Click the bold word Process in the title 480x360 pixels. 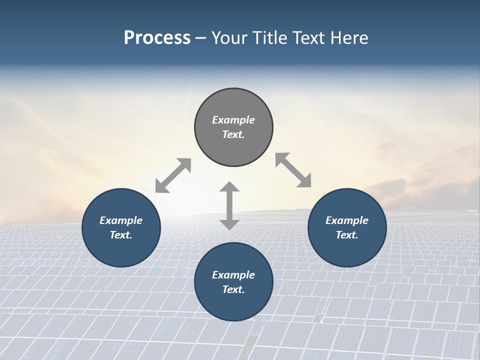[x=157, y=38]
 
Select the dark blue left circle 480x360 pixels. [x=121, y=250]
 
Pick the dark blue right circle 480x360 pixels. [x=347, y=250]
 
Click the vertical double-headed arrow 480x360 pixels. [x=229, y=205]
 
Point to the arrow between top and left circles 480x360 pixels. [x=173, y=175]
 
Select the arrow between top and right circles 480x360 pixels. [x=293, y=170]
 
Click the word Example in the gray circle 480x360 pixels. [x=233, y=120]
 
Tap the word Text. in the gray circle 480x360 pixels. [x=233, y=134]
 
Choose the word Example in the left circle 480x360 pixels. [x=121, y=220]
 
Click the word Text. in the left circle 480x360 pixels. [x=121, y=235]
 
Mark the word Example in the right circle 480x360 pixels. [x=347, y=220]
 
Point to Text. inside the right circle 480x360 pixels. [x=347, y=235]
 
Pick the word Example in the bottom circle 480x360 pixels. [x=233, y=275]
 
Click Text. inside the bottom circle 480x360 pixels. [x=233, y=289]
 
